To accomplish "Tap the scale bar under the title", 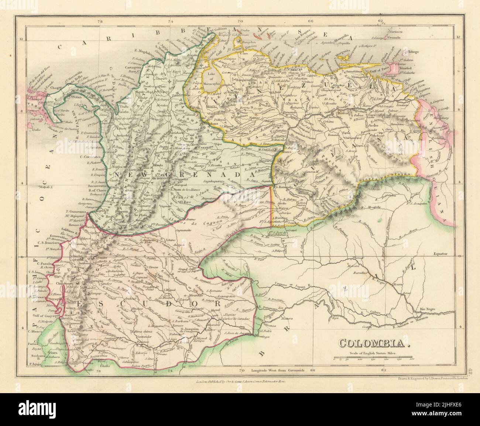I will click(x=374, y=358).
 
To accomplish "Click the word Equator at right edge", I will click(x=440, y=254).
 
